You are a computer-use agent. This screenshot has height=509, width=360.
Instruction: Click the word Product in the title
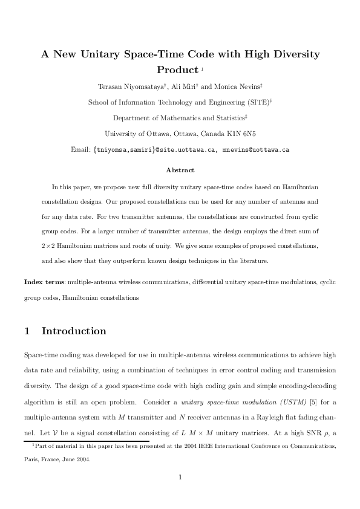tap(177, 70)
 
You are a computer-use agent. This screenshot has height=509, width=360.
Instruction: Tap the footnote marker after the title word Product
tap(202, 68)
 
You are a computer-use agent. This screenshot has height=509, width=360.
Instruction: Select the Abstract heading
tap(180, 170)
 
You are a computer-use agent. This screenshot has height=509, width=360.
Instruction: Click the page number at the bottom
tap(180, 476)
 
